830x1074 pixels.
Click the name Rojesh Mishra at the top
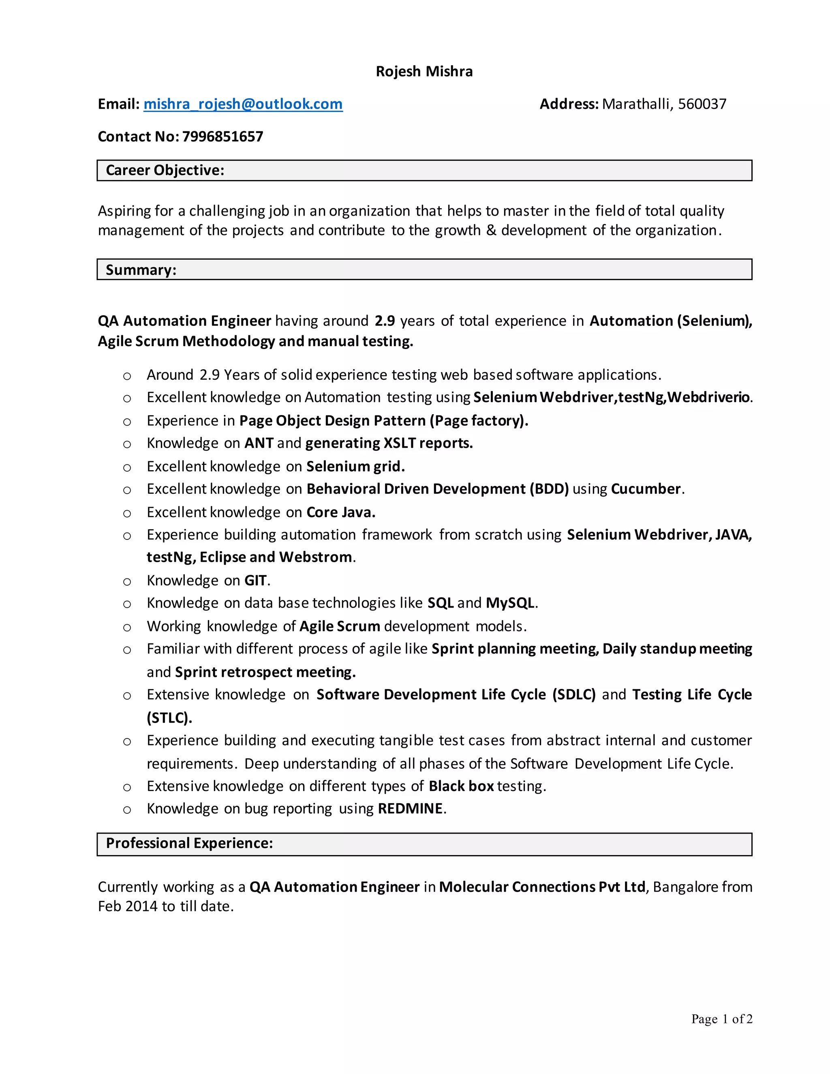(x=424, y=71)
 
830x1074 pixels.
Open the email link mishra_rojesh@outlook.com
(x=243, y=104)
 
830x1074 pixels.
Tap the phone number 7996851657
(x=223, y=137)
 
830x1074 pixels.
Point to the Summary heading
(x=141, y=270)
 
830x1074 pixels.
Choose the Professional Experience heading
(x=189, y=843)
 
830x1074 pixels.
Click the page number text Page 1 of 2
(x=721, y=1018)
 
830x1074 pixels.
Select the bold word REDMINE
(x=410, y=809)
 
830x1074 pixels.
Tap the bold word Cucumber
(x=646, y=489)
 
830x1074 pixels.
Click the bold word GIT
(x=256, y=580)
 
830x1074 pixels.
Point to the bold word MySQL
(x=510, y=603)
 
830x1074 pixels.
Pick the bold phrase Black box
(x=461, y=786)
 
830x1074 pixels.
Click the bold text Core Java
(x=340, y=512)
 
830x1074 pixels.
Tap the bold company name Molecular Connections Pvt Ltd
(x=542, y=887)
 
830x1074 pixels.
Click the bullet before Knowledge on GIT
(x=127, y=582)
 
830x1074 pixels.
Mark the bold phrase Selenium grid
(x=355, y=466)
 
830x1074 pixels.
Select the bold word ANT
(x=259, y=443)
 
